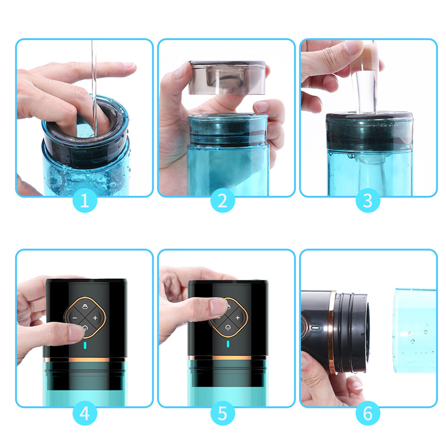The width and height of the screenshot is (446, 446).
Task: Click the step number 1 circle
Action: pyautogui.click(x=85, y=200)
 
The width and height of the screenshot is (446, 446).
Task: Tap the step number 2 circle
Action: pyautogui.click(x=223, y=200)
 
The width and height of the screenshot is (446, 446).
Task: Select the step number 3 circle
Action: pyautogui.click(x=368, y=200)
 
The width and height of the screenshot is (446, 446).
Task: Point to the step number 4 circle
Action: pyautogui.click(x=85, y=413)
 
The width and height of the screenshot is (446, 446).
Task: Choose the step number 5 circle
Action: pyautogui.click(x=223, y=413)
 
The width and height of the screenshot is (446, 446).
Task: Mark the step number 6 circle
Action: pyautogui.click(x=368, y=413)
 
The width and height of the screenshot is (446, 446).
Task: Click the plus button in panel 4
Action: pyautogui.click(x=95, y=318)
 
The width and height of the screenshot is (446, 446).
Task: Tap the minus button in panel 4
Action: pyautogui.click(x=74, y=318)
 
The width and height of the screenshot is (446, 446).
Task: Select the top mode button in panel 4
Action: pyautogui.click(x=85, y=307)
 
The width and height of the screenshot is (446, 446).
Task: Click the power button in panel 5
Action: pyautogui.click(x=227, y=328)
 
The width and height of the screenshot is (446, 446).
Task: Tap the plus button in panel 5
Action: pyautogui.click(x=238, y=318)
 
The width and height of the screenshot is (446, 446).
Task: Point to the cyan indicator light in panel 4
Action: pyautogui.click(x=85, y=345)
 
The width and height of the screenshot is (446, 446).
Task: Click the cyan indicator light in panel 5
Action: pyautogui.click(x=228, y=344)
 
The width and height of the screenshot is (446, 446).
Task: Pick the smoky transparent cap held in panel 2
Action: pyautogui.click(x=227, y=77)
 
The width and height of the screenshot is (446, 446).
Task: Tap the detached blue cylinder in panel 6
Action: pyautogui.click(x=415, y=330)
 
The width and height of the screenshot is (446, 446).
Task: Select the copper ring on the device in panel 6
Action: pyautogui.click(x=331, y=332)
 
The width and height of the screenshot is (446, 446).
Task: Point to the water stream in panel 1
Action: pyautogui.click(x=94, y=88)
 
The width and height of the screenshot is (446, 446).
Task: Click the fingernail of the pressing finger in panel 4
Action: pyautogui.click(x=76, y=333)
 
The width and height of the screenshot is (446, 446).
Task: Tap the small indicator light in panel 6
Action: pyautogui.click(x=315, y=328)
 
